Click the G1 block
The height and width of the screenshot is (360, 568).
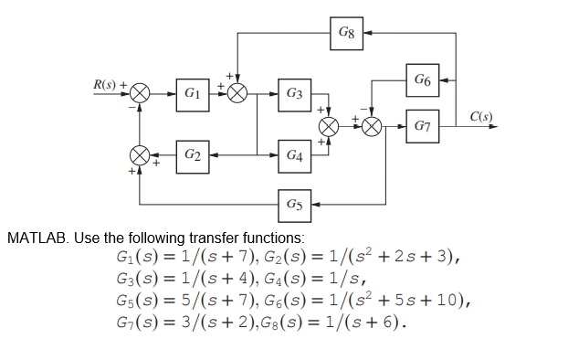click(192, 93)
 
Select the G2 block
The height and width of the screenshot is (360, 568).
click(192, 155)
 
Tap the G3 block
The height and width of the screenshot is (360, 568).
click(294, 93)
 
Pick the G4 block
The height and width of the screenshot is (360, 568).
click(294, 155)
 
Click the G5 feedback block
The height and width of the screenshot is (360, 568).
click(294, 203)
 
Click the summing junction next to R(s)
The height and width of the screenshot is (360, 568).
click(140, 93)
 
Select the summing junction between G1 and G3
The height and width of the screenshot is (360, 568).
click(237, 93)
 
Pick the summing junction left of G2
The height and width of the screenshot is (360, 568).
click(140, 155)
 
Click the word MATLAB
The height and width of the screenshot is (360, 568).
click(37, 238)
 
